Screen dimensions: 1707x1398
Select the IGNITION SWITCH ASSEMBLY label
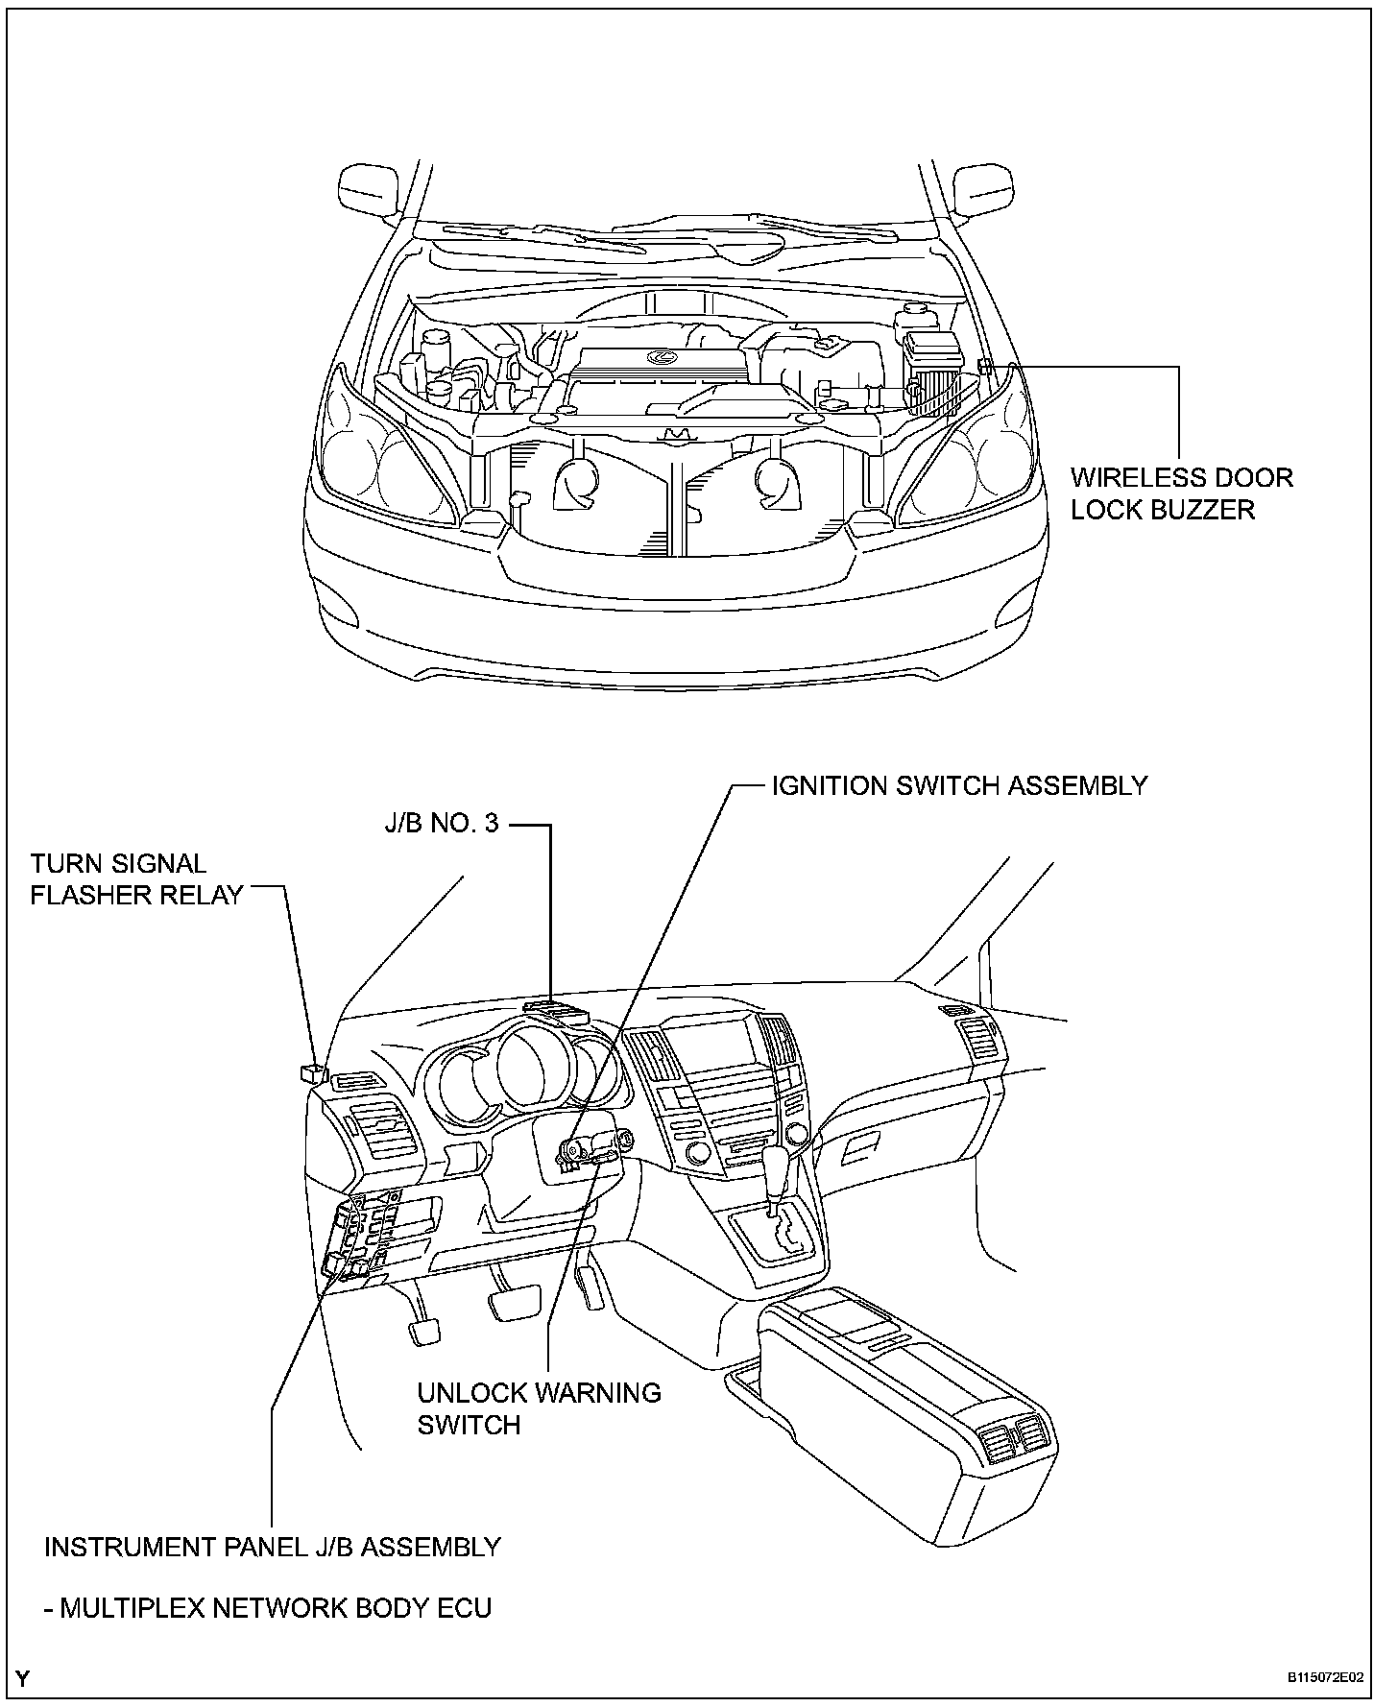(x=959, y=785)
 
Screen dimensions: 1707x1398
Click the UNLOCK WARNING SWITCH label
(x=539, y=1408)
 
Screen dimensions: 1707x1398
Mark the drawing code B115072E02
(x=1325, y=1678)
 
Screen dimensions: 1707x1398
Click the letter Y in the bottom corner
(x=22, y=1678)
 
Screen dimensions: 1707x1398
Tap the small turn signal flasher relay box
(x=312, y=1074)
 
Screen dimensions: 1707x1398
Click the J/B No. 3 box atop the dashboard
(x=557, y=1009)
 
